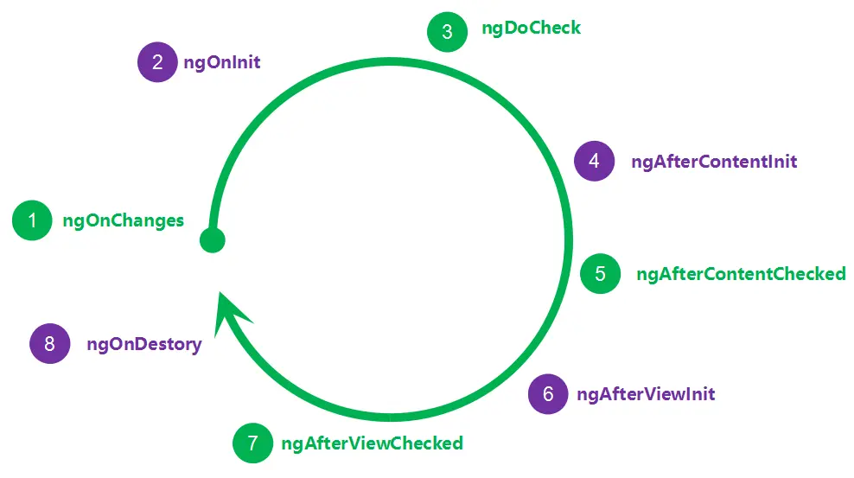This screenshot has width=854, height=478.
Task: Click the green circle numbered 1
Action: pyautogui.click(x=32, y=220)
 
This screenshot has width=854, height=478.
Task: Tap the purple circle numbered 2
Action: pyautogui.click(x=157, y=62)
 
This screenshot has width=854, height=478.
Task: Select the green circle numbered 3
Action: pyautogui.click(x=447, y=32)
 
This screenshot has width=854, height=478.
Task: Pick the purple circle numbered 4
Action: pyautogui.click(x=594, y=161)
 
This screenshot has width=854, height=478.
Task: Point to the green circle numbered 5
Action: pyautogui.click(x=600, y=274)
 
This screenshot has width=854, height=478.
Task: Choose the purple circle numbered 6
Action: pyautogui.click(x=548, y=394)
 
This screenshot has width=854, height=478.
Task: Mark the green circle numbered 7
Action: pyautogui.click(x=252, y=443)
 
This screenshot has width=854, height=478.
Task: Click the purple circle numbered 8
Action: pyautogui.click(x=49, y=343)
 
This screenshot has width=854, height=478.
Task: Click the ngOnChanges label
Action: pyautogui.click(x=123, y=221)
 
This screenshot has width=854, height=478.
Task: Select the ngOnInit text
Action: pyautogui.click(x=221, y=62)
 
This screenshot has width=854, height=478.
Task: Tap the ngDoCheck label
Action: pyautogui.click(x=531, y=29)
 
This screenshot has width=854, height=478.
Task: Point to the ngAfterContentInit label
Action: pyautogui.click(x=714, y=162)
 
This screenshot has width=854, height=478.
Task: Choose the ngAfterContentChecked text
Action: pyautogui.click(x=741, y=274)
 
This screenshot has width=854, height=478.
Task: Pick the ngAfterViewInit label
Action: pyautogui.click(x=646, y=394)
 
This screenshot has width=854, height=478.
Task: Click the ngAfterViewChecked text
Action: pyautogui.click(x=372, y=443)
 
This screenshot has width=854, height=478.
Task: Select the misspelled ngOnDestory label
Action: pyautogui.click(x=144, y=345)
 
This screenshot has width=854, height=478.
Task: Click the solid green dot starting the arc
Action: pyautogui.click(x=213, y=240)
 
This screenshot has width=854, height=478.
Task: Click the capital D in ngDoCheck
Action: pyautogui.click(x=512, y=27)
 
